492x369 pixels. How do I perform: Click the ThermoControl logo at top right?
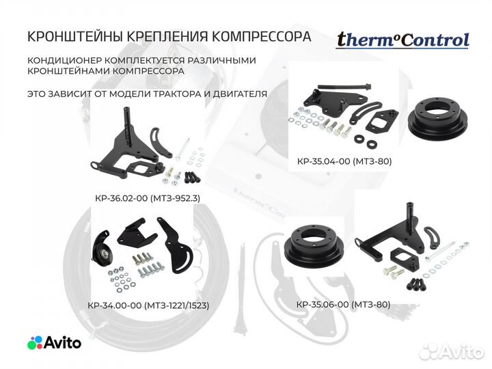click(x=402, y=40)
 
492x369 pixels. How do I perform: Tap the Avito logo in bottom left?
click(x=54, y=342)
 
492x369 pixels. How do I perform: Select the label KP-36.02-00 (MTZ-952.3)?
click(x=148, y=199)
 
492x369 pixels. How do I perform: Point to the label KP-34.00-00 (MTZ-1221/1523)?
click(x=148, y=305)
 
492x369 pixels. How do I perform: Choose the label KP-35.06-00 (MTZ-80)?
click(x=344, y=305)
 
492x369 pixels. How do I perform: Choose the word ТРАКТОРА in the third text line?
click(x=175, y=93)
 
